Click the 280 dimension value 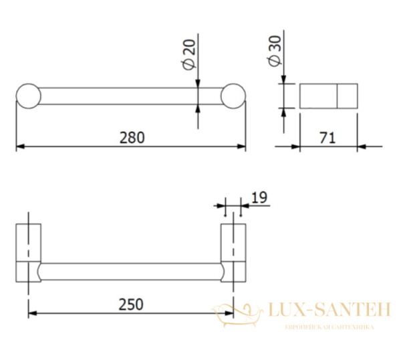132,137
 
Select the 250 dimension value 131,304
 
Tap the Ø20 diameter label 189,54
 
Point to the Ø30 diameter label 275,51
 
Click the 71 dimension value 327,139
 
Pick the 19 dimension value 259,197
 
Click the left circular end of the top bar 28,96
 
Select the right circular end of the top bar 233,96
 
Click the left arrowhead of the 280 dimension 21,147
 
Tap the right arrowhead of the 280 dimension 241,147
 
